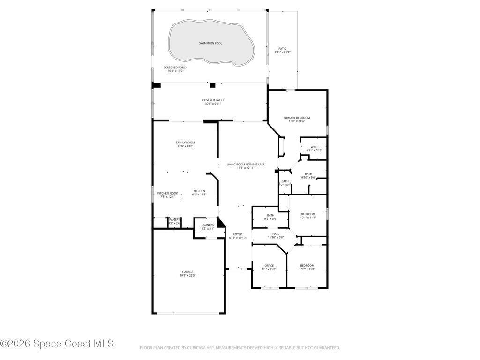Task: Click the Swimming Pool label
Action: (x=210, y=43)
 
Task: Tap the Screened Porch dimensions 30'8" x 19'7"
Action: (x=175, y=71)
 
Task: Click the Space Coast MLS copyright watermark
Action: (x=57, y=344)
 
